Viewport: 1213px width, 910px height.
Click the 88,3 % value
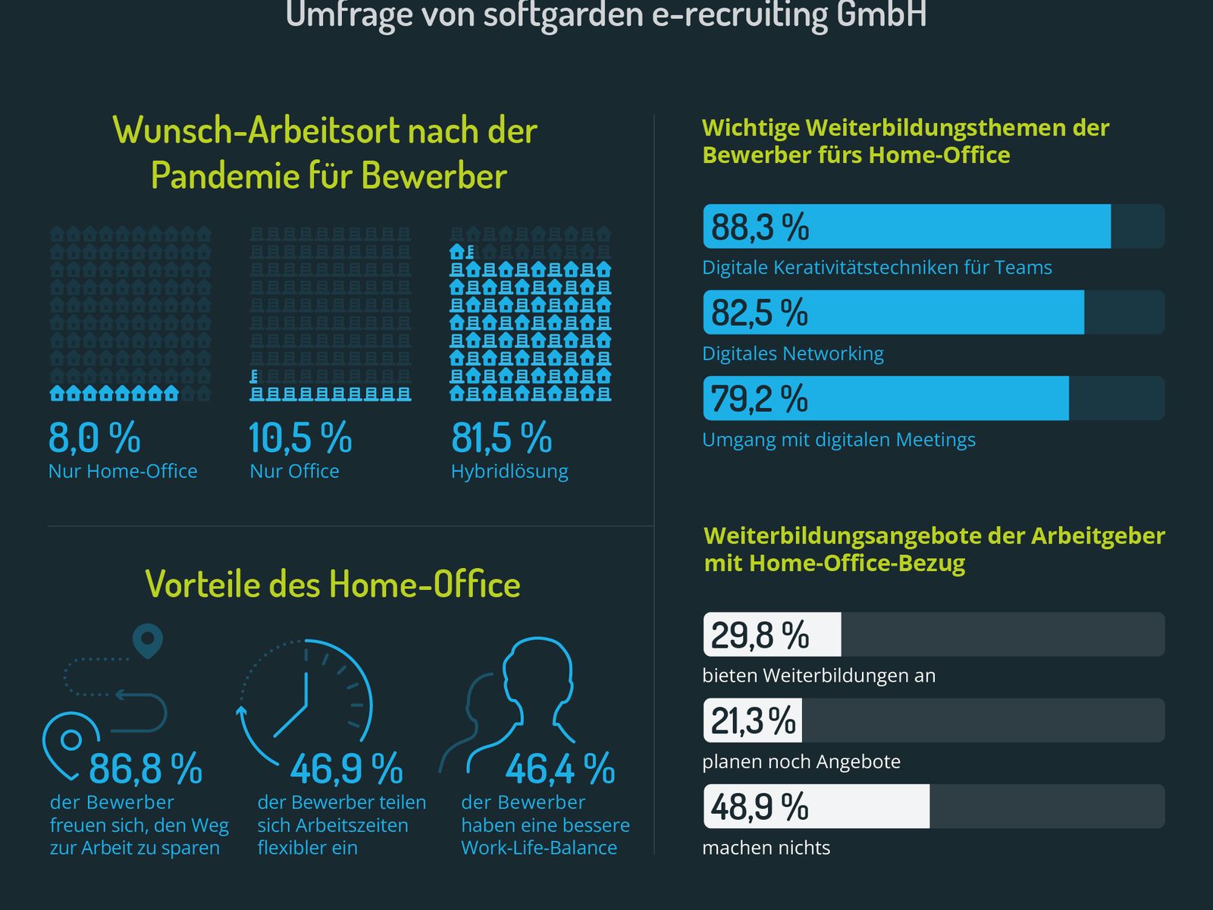point(760,227)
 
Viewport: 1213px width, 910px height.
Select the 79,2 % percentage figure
point(759,399)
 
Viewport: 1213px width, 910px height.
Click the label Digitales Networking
point(792,353)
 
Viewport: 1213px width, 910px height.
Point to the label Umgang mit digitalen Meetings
point(838,440)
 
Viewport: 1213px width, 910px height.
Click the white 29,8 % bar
point(772,635)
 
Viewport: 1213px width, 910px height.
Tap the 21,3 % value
point(753,720)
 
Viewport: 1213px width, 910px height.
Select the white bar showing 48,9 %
point(816,806)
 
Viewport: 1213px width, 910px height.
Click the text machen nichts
point(766,848)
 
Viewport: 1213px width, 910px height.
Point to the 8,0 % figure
point(94,438)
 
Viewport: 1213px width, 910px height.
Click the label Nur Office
point(294,471)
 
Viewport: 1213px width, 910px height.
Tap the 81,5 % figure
point(501,438)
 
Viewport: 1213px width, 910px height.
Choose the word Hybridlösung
point(509,471)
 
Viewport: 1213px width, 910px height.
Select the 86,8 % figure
point(146,769)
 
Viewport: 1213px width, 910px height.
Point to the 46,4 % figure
point(559,769)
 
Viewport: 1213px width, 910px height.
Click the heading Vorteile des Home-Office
point(333,584)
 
